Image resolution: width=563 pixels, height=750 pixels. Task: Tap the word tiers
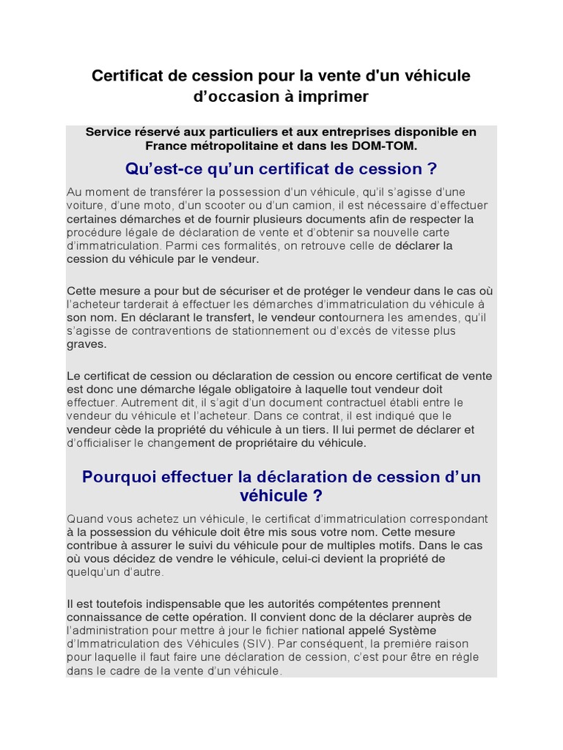click(x=310, y=429)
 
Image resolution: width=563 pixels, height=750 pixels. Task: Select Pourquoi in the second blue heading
click(x=118, y=477)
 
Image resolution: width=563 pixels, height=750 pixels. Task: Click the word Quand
click(x=84, y=519)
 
